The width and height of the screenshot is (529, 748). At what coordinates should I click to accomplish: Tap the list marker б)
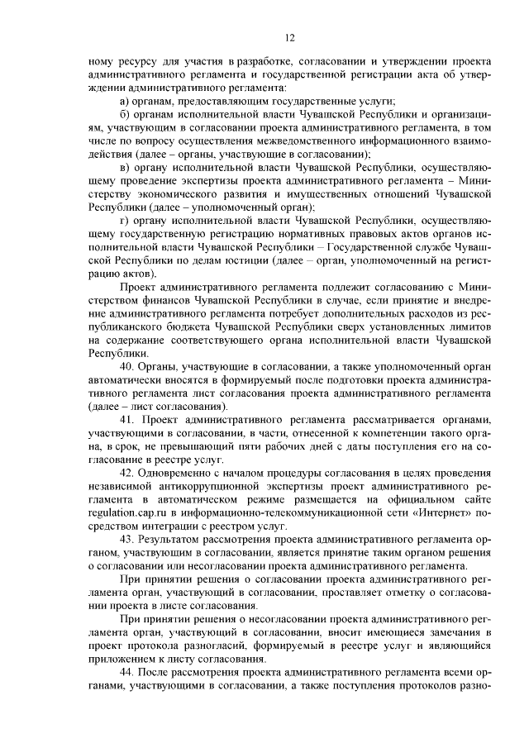[124, 112]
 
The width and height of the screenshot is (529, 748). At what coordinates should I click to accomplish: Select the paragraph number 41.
[127, 421]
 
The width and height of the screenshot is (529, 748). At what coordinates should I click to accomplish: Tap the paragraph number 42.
[127, 471]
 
